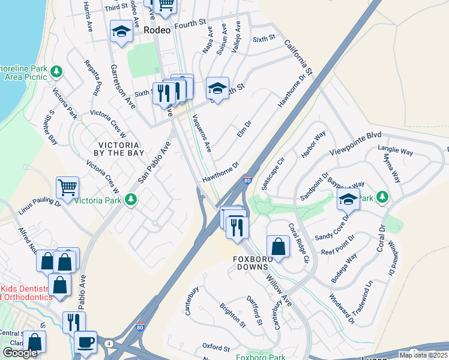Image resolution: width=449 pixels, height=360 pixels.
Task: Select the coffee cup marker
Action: tap(85, 342)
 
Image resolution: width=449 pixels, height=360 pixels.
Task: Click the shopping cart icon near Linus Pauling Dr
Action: tap(68, 188)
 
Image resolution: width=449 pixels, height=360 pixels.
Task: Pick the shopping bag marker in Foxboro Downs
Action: tap(278, 246)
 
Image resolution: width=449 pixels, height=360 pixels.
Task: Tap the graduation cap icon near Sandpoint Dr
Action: tap(348, 199)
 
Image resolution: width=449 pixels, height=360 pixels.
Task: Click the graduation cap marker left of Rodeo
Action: tap(122, 32)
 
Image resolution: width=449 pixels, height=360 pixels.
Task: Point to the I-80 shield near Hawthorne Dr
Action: tap(247, 179)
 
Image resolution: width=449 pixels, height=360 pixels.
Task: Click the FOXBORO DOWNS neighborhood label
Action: tap(257, 260)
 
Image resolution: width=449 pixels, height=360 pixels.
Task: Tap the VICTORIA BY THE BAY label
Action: tap(122, 149)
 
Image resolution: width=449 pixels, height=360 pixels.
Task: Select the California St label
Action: tap(299, 58)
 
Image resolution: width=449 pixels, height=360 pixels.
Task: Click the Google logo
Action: tap(20, 353)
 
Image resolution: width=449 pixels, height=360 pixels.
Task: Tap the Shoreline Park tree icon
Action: tap(56, 72)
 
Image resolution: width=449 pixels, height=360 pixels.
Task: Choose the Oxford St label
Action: tap(216, 347)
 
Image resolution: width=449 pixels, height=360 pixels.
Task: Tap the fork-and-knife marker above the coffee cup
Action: tap(74, 322)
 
